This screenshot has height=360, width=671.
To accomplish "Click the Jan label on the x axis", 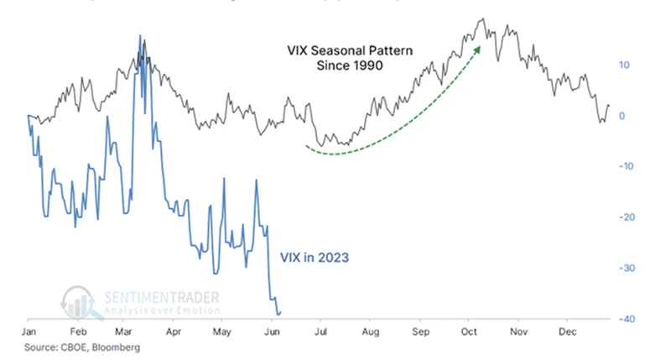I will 29,332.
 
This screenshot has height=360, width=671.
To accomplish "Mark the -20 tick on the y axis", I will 625,217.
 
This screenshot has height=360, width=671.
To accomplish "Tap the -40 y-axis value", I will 625,319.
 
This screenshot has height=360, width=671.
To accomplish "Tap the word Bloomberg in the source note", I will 114,347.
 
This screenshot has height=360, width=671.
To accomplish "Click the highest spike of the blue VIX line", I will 140,36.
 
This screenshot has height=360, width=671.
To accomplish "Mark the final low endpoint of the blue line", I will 278,314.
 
